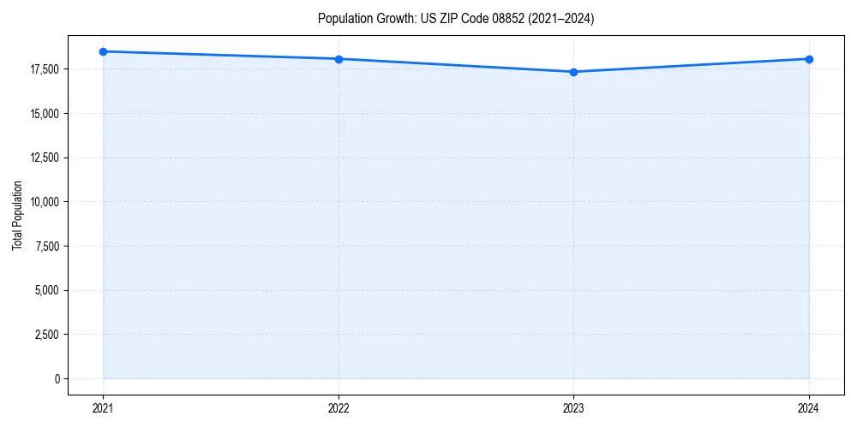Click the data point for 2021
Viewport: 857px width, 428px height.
(103, 51)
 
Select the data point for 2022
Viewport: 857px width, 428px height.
(339, 59)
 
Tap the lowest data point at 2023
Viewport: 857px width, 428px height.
(573, 72)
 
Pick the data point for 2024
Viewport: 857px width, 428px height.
(809, 59)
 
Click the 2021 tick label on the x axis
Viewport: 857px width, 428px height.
(103, 407)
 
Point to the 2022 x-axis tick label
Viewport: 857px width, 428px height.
(339, 407)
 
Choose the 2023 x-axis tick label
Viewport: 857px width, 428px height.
(573, 407)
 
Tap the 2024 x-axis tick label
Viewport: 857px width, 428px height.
(809, 407)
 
